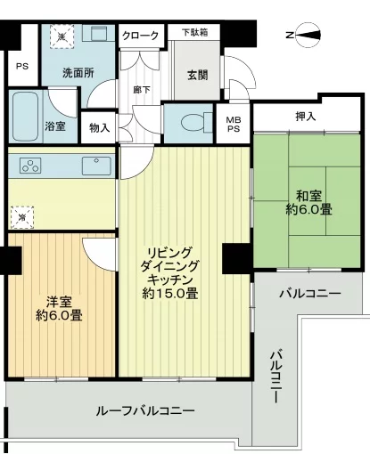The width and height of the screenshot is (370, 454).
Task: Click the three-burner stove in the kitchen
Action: pyautogui.click(x=29, y=166)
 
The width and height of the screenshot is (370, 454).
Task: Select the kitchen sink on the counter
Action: pyautogui.click(x=93, y=166)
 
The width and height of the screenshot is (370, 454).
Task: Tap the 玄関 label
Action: pyautogui.click(x=198, y=74)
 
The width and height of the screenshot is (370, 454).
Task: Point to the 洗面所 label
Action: pyautogui.click(x=78, y=74)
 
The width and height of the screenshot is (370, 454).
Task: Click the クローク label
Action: pyautogui.click(x=141, y=36)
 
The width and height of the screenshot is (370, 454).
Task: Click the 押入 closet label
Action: pyautogui.click(x=306, y=117)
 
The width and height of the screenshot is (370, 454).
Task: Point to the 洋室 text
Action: pyautogui.click(x=59, y=299)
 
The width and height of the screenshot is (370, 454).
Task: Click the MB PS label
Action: pyautogui.click(x=232, y=126)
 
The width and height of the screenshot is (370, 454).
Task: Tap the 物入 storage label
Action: pyautogui.click(x=100, y=127)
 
